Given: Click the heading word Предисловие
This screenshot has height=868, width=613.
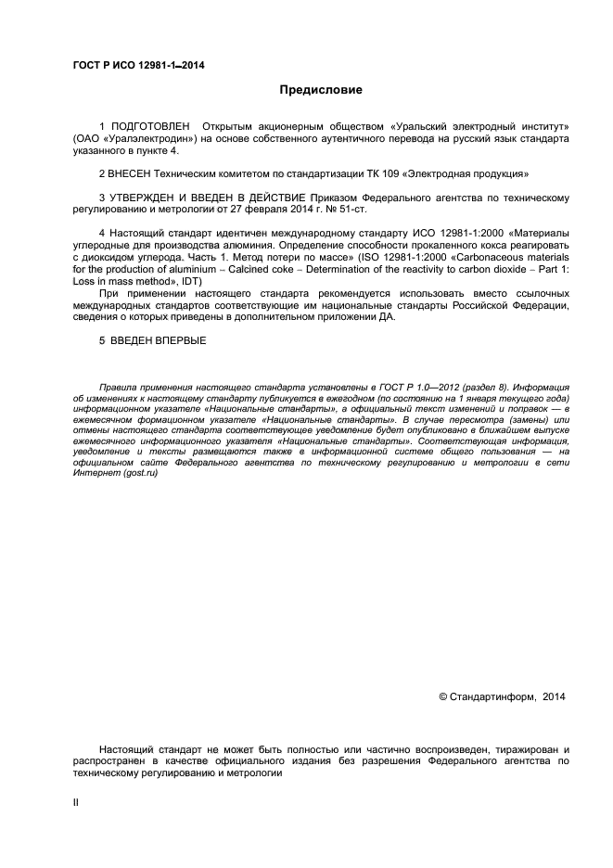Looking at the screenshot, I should (x=321, y=90).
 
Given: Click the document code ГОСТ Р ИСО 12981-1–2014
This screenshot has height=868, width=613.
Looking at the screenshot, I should (x=138, y=65).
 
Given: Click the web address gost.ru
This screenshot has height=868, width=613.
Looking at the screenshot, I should (x=139, y=475).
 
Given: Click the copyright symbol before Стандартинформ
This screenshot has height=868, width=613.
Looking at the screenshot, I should (x=442, y=696).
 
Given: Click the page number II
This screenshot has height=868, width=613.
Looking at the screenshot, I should (x=76, y=802).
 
